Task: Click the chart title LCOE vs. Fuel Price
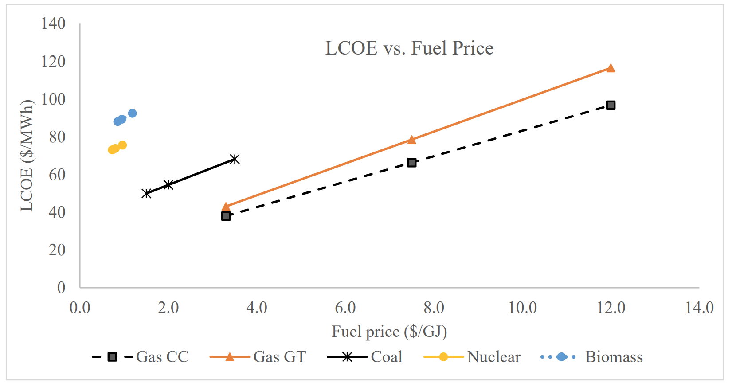pos(409,48)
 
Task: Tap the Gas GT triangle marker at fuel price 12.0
pos(611,68)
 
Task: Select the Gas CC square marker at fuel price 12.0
pos(611,105)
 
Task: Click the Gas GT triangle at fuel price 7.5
pos(411,140)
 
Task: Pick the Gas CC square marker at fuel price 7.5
pos(411,163)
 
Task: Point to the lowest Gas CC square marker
pos(226,216)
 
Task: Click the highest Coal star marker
pos(235,159)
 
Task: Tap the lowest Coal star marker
pos(146,193)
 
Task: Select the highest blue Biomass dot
pos(132,113)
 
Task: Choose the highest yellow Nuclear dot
pos(122,145)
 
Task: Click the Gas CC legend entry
pos(141,357)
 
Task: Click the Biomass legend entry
pos(592,357)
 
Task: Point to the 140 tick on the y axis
pos(53,23)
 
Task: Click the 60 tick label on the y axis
pos(57,175)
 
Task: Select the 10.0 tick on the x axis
pos(522,307)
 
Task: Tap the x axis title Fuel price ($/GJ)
pos(389,332)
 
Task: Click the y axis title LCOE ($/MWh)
pos(27,156)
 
